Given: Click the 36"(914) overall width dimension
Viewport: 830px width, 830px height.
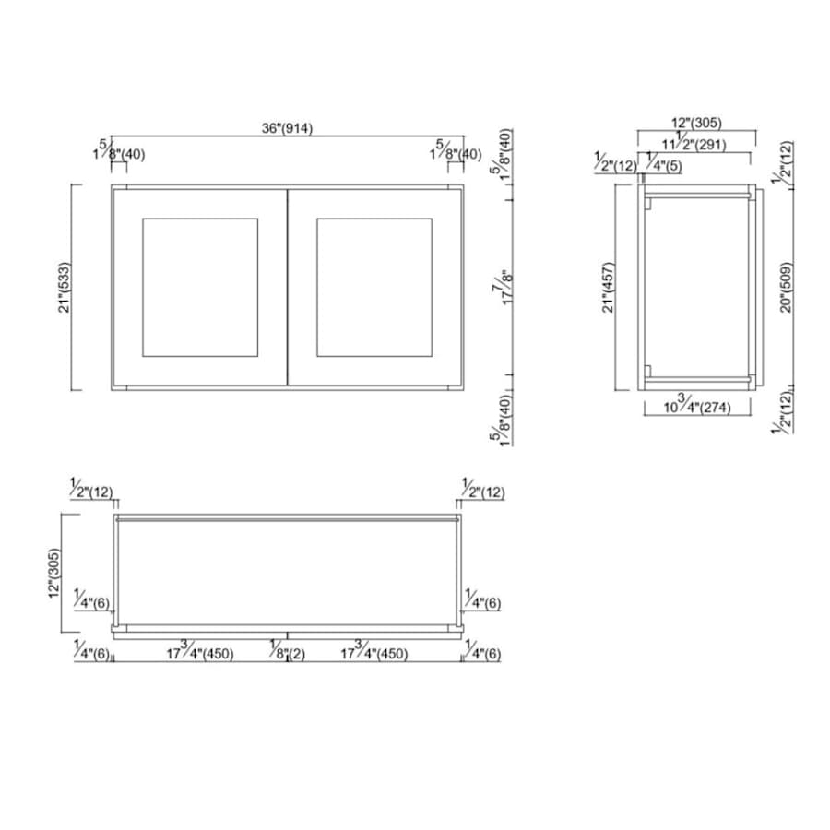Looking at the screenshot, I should tap(287, 129).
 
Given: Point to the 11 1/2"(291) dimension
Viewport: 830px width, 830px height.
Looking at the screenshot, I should tap(693, 144).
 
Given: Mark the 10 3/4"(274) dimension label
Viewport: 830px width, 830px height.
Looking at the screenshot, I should tap(696, 407).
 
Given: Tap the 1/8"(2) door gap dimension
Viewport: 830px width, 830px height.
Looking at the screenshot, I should tap(287, 654).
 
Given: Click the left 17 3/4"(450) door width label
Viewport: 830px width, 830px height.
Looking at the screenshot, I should tap(199, 654).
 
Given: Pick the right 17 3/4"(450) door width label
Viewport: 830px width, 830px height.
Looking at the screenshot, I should tap(373, 654).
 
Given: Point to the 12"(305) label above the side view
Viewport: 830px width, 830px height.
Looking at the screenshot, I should tap(696, 123).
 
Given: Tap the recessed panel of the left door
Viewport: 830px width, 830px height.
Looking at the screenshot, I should tap(199, 287).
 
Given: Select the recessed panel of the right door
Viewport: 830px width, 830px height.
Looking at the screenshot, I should tap(373, 287).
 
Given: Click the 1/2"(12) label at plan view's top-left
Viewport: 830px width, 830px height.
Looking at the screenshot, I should tap(92, 491).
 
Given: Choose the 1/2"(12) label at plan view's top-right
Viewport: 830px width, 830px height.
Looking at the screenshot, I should tap(482, 491).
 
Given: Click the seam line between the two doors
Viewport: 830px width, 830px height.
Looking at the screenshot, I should tap(287, 287).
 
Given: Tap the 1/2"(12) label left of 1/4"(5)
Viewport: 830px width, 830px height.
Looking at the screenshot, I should tap(615, 165).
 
